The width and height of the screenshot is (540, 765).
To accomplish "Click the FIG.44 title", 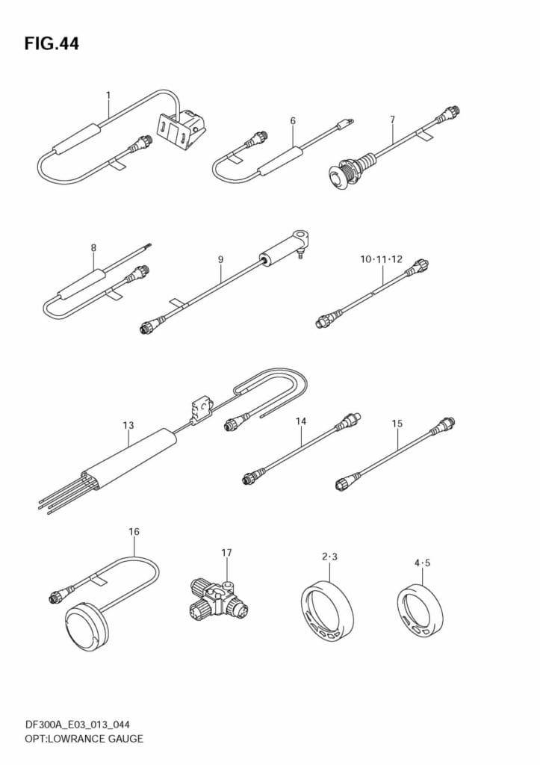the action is pyautogui.click(x=52, y=43).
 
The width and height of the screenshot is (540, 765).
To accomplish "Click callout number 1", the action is pyautogui.click(x=108, y=94).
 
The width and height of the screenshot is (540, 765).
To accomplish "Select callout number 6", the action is pyautogui.click(x=293, y=120).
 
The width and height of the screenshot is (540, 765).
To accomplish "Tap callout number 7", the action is pyautogui.click(x=393, y=119).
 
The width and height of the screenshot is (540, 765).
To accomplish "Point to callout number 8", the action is pyautogui.click(x=93, y=248).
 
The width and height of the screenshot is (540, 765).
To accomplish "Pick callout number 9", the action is pyautogui.click(x=220, y=259).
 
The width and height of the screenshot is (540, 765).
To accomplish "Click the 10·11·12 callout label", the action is pyautogui.click(x=382, y=259).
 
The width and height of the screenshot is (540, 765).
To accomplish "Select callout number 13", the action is pyautogui.click(x=128, y=425).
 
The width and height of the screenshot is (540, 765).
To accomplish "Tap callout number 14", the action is pyautogui.click(x=301, y=421).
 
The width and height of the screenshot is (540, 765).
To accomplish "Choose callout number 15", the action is pyautogui.click(x=397, y=424).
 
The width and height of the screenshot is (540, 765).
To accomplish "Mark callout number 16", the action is pyautogui.click(x=134, y=531).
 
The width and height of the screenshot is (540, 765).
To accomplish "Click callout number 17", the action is pyautogui.click(x=226, y=553).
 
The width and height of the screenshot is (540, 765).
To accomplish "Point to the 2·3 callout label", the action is pyautogui.click(x=330, y=557).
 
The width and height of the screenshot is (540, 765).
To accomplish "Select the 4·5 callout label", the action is pyautogui.click(x=423, y=563).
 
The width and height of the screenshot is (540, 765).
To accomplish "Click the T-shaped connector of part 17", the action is pyautogui.click(x=218, y=601).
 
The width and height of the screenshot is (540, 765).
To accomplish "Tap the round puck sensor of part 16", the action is pyautogui.click(x=84, y=623).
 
